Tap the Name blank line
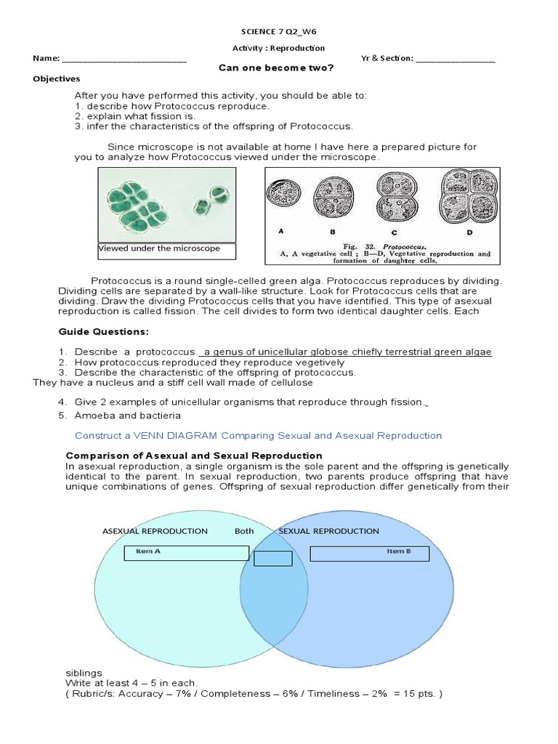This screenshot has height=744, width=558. (x=124, y=60)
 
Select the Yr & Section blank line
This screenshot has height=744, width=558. (x=456, y=60)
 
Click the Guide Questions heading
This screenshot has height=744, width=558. (x=103, y=332)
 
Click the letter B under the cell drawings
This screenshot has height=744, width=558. (x=331, y=232)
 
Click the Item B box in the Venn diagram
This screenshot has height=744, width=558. (x=370, y=554)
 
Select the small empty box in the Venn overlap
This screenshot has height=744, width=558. (x=272, y=558)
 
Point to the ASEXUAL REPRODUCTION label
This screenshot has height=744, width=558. (x=155, y=531)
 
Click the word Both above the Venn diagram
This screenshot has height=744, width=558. (x=244, y=531)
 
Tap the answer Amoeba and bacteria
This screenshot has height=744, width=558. (x=126, y=416)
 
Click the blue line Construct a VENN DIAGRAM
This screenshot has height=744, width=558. (x=258, y=436)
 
